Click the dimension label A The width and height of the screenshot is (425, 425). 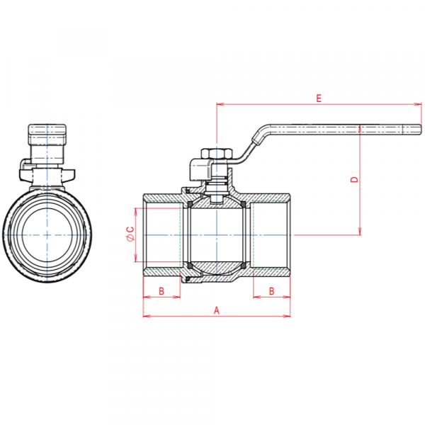(217, 310)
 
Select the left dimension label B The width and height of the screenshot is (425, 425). (161, 291)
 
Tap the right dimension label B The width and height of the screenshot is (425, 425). (272, 291)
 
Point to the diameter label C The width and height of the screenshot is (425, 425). (130, 234)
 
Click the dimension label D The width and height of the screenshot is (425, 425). (355, 179)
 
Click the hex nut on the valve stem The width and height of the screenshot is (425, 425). (213, 155)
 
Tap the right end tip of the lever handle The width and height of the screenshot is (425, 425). (418, 129)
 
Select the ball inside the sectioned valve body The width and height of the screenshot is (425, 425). (217, 234)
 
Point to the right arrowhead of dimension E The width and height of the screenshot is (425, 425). (418, 105)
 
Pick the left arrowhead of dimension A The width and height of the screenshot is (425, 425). (146, 316)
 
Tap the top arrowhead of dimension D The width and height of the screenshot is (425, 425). (361, 127)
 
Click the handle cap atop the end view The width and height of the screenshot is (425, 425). (47, 132)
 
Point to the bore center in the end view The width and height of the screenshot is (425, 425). (47, 234)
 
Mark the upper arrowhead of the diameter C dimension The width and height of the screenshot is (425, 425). (135, 211)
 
